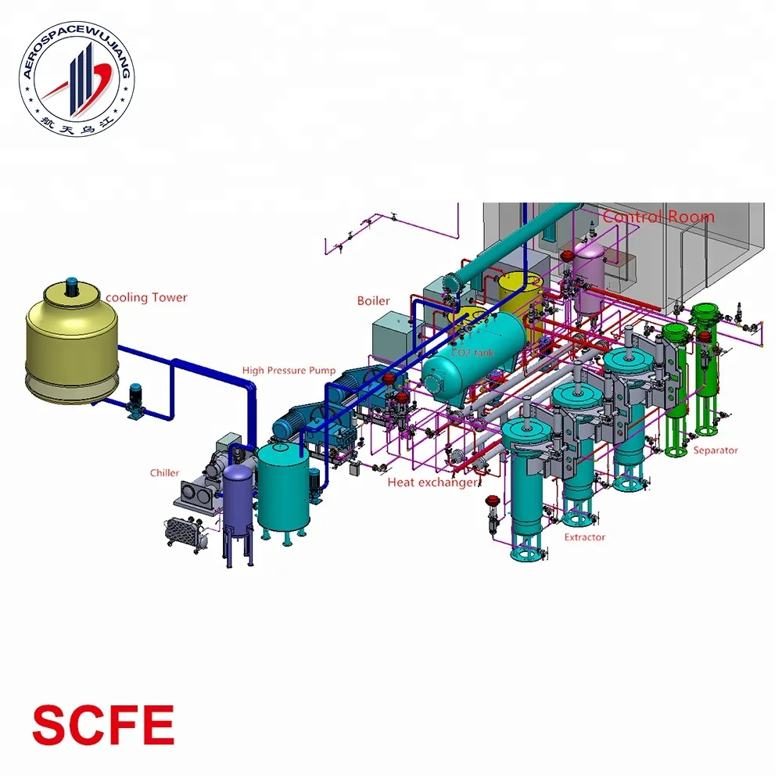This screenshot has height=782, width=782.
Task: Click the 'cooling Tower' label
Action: pyautogui.click(x=146, y=297)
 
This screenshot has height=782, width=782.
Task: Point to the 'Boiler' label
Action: pyautogui.click(x=373, y=301)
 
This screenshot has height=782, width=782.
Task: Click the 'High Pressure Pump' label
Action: pyautogui.click(x=289, y=371)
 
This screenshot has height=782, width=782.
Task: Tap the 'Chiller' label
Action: pyautogui.click(x=164, y=473)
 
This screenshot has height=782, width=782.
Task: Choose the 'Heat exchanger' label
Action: pyautogui.click(x=432, y=483)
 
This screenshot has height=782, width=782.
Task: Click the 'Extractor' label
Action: pyautogui.click(x=585, y=537)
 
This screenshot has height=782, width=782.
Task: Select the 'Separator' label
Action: pyautogui.click(x=716, y=450)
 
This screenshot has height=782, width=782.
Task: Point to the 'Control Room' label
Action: pyautogui.click(x=658, y=217)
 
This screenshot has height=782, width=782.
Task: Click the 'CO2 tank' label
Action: pyautogui.click(x=472, y=353)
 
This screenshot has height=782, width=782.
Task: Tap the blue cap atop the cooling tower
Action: pyautogui.click(x=72, y=282)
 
